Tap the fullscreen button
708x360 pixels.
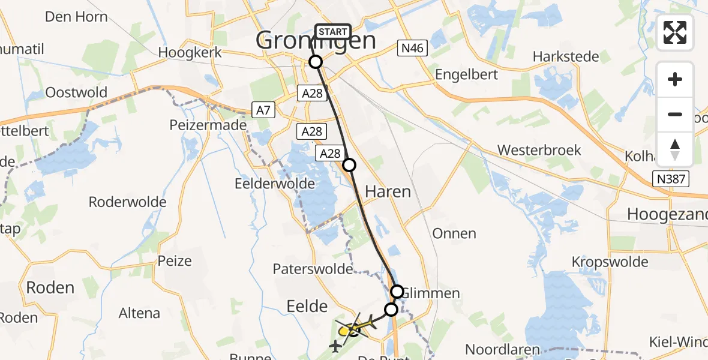point(675,32)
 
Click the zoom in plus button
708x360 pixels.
point(675,79)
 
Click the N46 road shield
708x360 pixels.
point(412,49)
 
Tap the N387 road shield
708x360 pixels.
point(671,179)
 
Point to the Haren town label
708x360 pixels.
point(388,192)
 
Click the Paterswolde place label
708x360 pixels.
point(313,269)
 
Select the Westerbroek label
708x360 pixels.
point(539,149)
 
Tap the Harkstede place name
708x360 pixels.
point(566,57)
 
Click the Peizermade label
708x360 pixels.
point(208,125)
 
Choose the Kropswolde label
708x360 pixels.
point(610,262)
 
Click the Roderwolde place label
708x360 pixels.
point(127,202)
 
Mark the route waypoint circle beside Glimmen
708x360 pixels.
point(397,292)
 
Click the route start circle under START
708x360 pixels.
point(316,61)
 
